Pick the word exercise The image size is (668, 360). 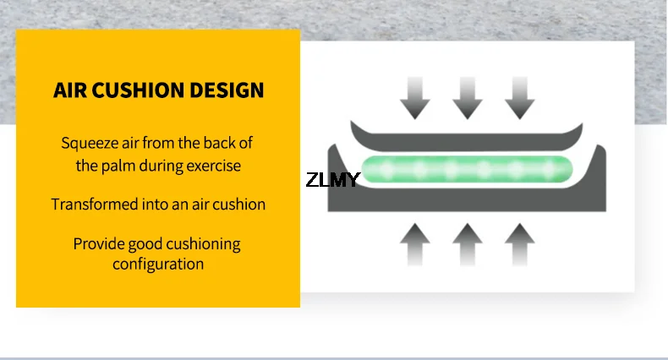pyautogui.click(x=211, y=166)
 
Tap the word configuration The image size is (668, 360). pyautogui.click(x=158, y=264)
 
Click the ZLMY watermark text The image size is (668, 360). pyautogui.click(x=332, y=179)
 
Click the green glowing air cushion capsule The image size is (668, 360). pyautogui.click(x=468, y=170)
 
